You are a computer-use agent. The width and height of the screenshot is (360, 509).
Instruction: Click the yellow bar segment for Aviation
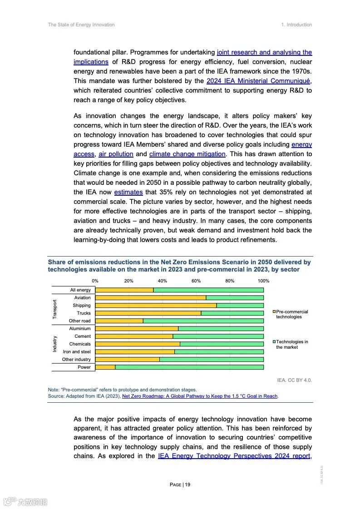150,298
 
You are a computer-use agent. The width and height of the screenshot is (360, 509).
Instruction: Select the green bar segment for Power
189,367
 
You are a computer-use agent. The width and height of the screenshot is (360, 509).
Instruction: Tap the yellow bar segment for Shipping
156,306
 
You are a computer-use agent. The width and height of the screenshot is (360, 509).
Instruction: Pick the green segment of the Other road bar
203,321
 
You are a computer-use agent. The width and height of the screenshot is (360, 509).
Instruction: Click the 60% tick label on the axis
196,281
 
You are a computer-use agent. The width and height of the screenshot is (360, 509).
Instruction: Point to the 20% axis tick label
129,281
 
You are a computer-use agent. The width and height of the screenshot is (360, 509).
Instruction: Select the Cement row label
83,336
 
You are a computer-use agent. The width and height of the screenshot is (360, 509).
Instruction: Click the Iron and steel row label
77,352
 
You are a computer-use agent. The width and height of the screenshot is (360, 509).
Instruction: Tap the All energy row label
80,290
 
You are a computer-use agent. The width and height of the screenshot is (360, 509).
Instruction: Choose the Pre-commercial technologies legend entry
291,314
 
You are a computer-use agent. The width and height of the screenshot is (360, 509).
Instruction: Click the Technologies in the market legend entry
291,345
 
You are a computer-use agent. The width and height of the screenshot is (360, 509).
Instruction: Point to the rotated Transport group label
55,309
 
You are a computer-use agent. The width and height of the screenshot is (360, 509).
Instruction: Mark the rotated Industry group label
55,344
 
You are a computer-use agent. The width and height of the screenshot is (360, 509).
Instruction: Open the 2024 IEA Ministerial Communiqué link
258,81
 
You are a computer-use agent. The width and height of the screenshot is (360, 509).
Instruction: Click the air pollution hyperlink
116,154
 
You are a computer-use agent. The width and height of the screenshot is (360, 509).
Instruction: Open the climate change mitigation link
187,154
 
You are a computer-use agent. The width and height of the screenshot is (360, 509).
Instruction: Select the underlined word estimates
128,192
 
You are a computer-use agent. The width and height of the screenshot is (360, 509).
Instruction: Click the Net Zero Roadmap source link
200,396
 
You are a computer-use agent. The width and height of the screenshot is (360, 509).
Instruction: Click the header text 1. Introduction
296,25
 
